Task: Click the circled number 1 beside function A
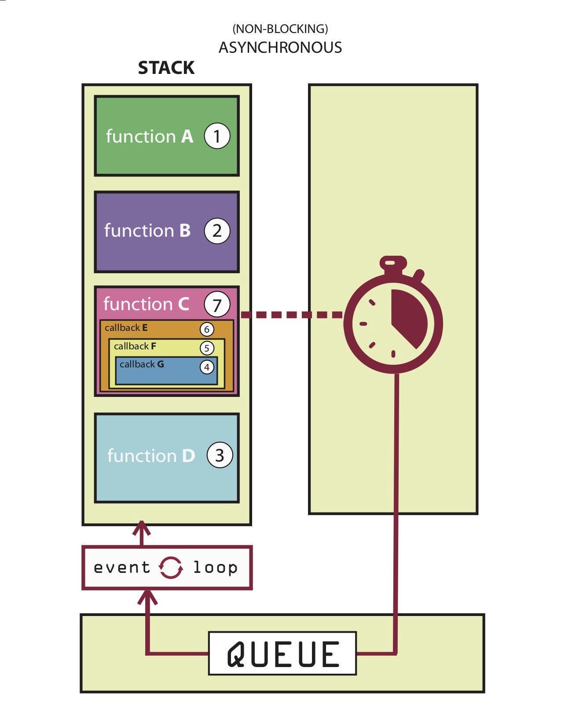click(217, 136)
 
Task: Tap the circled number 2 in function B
click(217, 231)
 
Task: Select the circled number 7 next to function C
click(217, 304)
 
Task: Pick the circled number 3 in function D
click(220, 455)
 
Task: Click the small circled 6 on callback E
click(207, 329)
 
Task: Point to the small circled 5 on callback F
click(207, 348)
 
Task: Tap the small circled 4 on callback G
click(207, 367)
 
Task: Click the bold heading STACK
click(166, 68)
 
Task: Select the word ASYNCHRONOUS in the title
click(280, 48)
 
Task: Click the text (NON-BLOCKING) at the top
click(280, 29)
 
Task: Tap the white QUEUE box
click(282, 654)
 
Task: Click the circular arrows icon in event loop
click(171, 568)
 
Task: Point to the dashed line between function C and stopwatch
click(291, 315)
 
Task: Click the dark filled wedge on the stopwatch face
click(407, 315)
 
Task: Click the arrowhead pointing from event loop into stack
click(142, 528)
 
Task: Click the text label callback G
click(142, 364)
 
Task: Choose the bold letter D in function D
click(188, 456)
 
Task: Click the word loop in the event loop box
click(216, 568)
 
